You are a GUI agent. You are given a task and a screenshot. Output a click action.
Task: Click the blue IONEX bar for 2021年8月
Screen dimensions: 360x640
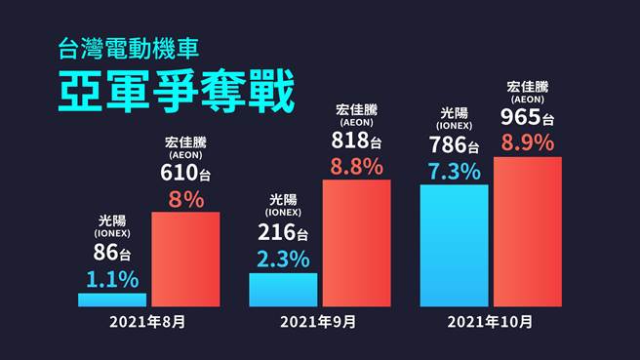pyautogui.click(x=112, y=300)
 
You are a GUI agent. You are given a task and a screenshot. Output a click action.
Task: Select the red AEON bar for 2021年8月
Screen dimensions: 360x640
pyautogui.click(x=185, y=259)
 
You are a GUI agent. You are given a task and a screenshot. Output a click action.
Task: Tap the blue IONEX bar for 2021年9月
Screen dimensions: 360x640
pyautogui.click(x=283, y=290)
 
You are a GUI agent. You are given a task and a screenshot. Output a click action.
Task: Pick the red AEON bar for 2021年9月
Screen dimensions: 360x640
pyautogui.click(x=356, y=243)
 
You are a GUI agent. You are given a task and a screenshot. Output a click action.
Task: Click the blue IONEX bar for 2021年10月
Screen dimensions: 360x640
pyautogui.click(x=455, y=245)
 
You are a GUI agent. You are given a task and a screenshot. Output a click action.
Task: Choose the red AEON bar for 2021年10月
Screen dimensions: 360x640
pyautogui.click(x=528, y=231)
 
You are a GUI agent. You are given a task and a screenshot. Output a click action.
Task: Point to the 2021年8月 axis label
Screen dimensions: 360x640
pyautogui.click(x=147, y=321)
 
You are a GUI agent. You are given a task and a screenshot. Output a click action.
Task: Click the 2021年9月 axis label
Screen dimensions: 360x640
pyautogui.click(x=318, y=321)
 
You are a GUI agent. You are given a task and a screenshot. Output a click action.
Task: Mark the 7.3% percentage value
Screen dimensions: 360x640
pyautogui.click(x=454, y=171)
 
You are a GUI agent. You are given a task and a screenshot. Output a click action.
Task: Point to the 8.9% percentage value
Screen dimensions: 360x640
pyautogui.click(x=528, y=143)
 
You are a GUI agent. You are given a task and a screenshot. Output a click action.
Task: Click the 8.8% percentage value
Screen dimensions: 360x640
pyautogui.click(x=356, y=166)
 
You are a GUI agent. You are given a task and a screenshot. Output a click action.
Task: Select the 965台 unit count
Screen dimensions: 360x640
pyautogui.click(x=528, y=118)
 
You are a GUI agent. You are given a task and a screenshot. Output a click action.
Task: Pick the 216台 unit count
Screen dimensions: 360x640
pyautogui.click(x=283, y=233)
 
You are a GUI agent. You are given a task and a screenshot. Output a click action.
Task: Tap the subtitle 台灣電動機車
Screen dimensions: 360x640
pyautogui.click(x=129, y=45)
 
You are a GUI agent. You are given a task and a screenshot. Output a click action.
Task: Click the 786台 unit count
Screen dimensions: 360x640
pyautogui.click(x=454, y=146)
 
